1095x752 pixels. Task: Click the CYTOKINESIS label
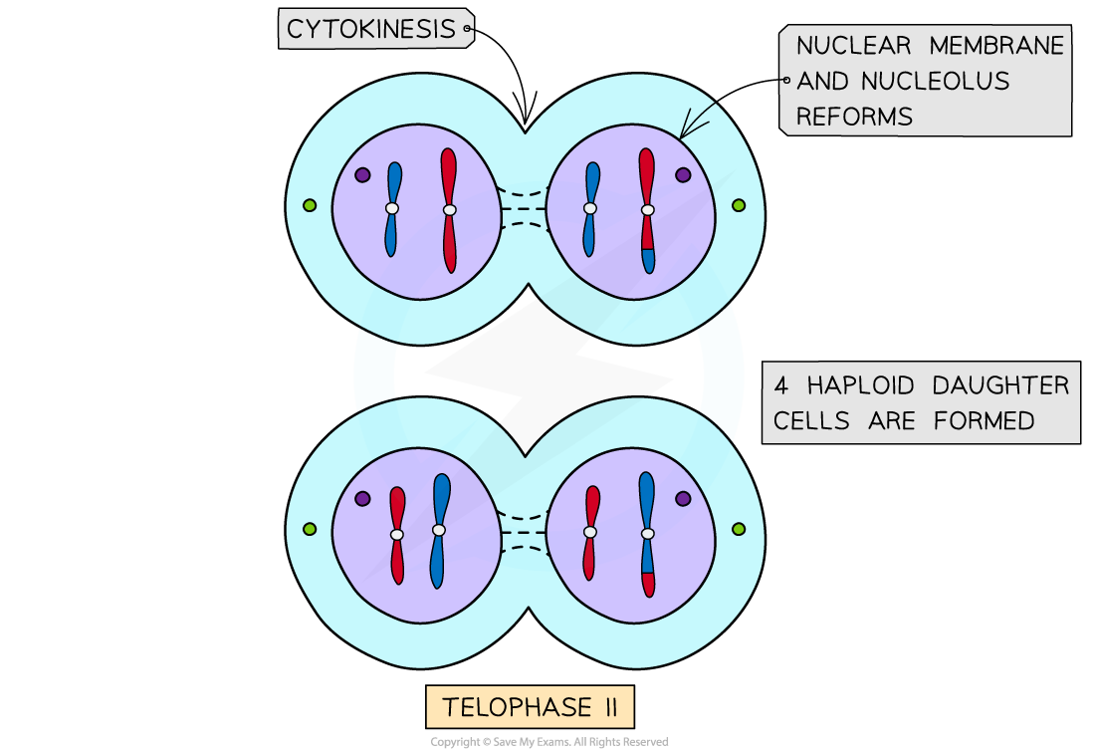[x=370, y=30]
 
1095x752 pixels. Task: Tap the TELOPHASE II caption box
[x=530, y=708]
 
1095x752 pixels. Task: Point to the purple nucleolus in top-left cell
[x=362, y=174]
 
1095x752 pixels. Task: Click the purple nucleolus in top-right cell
[x=683, y=174]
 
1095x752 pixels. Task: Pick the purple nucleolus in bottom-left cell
[x=362, y=498]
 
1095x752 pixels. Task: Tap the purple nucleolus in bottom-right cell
[x=683, y=498]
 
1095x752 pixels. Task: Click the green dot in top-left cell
[x=310, y=205]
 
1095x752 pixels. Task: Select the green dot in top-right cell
[x=739, y=205]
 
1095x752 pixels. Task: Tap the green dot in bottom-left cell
[x=310, y=529]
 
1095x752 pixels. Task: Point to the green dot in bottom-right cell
[x=739, y=529]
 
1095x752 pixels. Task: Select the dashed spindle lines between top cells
[x=524, y=209]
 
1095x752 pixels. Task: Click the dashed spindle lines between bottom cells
[x=524, y=533]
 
